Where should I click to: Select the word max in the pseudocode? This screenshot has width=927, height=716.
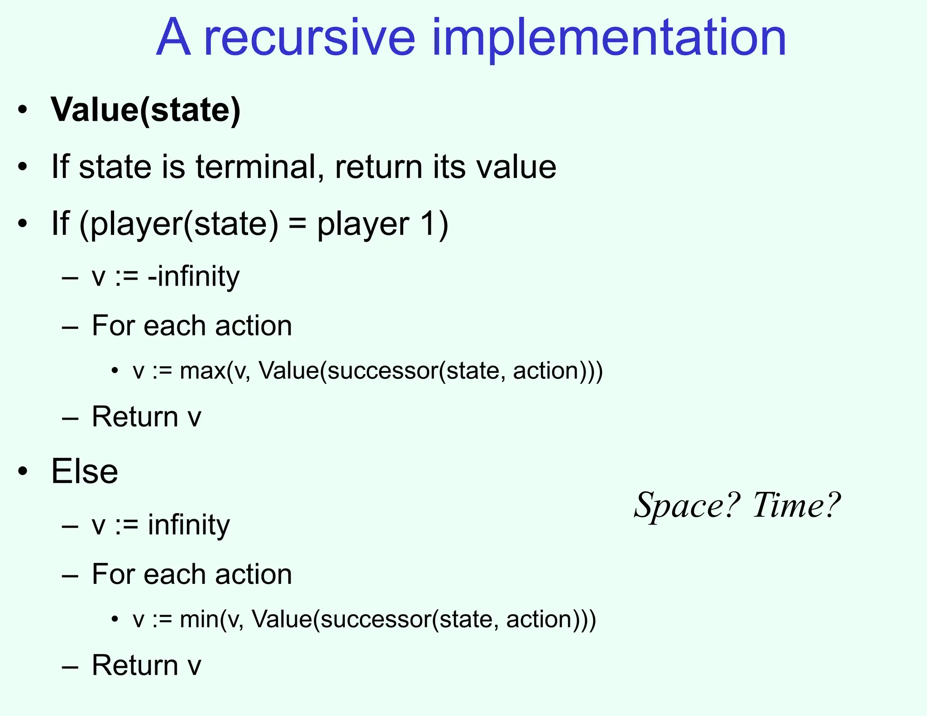tap(202, 371)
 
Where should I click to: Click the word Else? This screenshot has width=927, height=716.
tap(85, 472)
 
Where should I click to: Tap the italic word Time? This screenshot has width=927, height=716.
tap(796, 506)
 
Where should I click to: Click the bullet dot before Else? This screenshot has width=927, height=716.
tap(23, 472)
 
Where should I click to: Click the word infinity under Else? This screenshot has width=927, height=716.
tap(189, 525)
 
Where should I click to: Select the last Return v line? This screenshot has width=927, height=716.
tap(146, 665)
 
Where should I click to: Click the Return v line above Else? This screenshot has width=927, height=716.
tap(146, 417)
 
